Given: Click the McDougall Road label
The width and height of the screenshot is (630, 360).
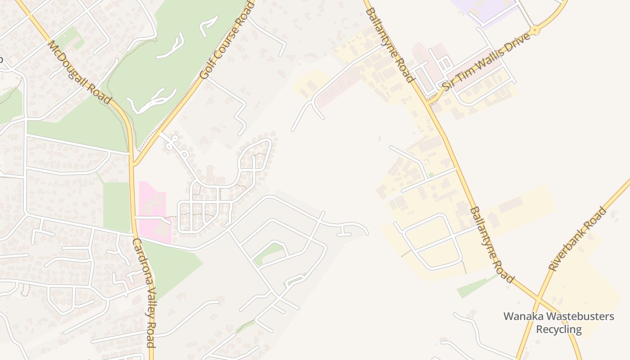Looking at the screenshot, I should coord(79,72).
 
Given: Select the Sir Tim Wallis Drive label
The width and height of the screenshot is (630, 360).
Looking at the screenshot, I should coord(486,61).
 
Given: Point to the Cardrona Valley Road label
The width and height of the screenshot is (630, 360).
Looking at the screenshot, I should coord(144,292).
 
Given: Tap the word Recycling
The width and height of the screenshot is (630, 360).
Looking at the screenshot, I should coord(558,330).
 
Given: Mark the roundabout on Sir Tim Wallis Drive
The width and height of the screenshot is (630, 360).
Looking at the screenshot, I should coord(535,31).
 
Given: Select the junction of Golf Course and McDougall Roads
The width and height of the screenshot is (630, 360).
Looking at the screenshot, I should coord(133,165).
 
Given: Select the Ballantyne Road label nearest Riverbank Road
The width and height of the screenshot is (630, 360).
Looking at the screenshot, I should coord(491,245).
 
